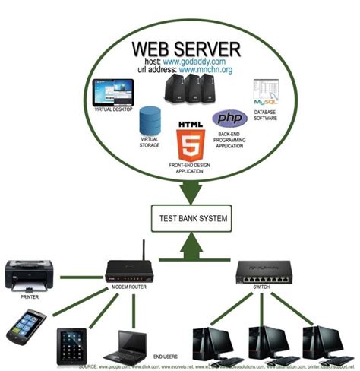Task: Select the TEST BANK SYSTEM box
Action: [191, 219]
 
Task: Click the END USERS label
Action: [166, 355]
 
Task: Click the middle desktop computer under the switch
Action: [270, 342]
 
